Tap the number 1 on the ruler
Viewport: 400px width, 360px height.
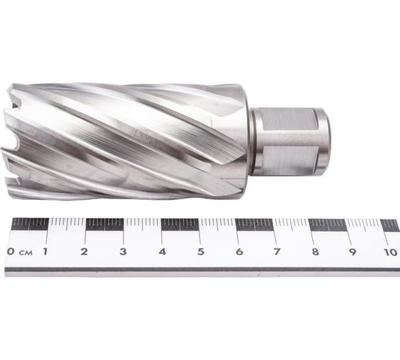[46, 251]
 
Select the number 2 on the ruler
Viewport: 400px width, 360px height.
[84, 251]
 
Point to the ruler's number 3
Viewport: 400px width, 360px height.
[123, 251]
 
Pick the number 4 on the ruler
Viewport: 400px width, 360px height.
[162, 251]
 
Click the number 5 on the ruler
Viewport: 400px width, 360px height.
[201, 251]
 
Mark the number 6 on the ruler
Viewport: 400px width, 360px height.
[239, 251]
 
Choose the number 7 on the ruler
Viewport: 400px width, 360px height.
[276, 251]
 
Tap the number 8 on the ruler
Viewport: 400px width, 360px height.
[315, 251]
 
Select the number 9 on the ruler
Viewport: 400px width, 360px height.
[353, 251]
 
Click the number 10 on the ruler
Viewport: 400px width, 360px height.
[389, 251]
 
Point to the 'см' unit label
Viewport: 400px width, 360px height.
[25, 252]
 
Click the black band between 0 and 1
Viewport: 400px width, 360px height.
[29, 224]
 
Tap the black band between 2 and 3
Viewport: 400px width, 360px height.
[104, 224]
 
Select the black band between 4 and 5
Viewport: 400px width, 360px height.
[179, 224]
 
